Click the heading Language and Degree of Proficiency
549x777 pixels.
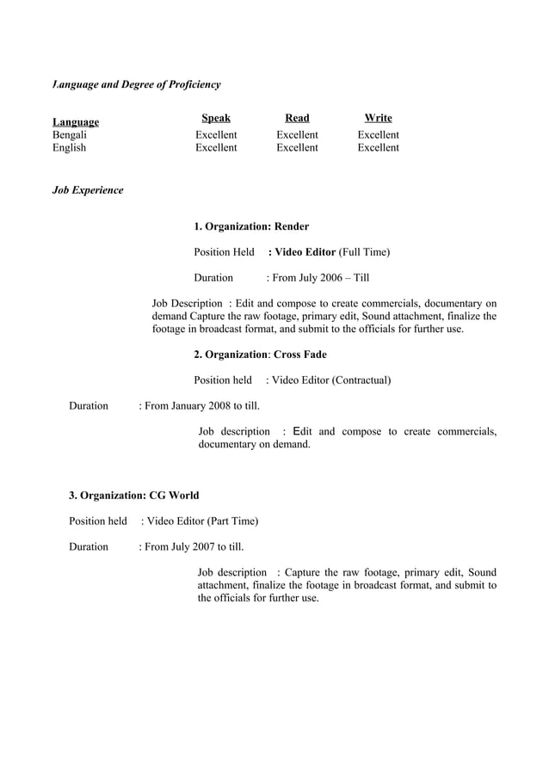coord(137,84)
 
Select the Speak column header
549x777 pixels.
coord(216,118)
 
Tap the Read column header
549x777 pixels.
coord(297,118)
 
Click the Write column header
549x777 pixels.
coord(378,118)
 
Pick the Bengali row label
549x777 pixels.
coord(70,135)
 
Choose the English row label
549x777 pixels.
coord(70,148)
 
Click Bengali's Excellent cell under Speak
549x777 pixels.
coord(216,135)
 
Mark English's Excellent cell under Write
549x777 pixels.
coord(378,148)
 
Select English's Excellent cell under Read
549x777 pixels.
coord(297,148)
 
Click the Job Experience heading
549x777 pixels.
coord(88,189)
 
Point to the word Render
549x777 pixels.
coord(292,226)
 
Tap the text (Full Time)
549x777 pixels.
coord(364,252)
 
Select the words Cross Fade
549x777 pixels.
coord(300,355)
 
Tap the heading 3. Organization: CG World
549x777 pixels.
coord(134,496)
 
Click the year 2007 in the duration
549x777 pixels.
coord(204,546)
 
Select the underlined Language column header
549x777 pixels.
coord(76,122)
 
